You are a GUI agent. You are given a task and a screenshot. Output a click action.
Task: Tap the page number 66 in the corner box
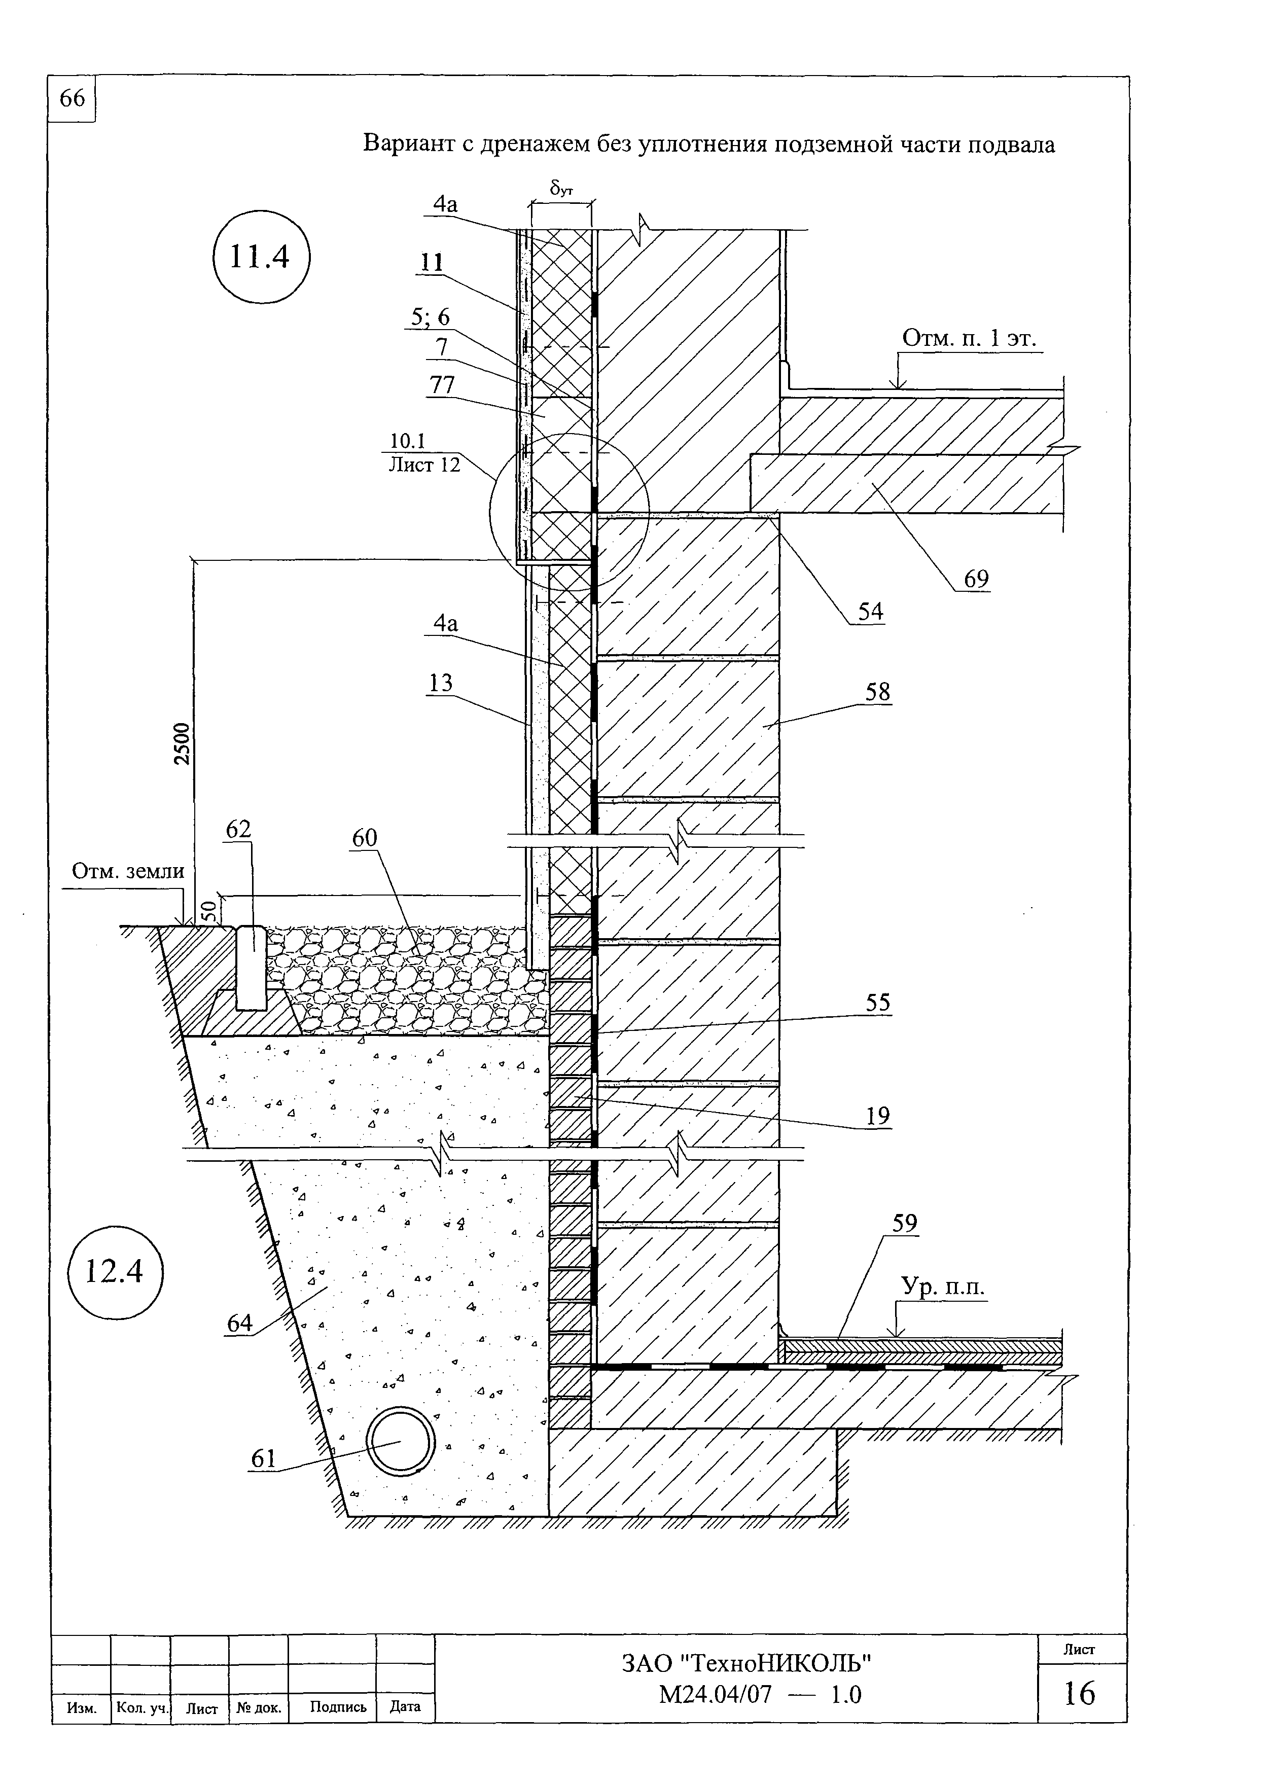click(x=72, y=98)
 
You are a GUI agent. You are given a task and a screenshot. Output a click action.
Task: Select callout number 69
click(x=976, y=579)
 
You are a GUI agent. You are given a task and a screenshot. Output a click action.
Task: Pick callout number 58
click(x=877, y=691)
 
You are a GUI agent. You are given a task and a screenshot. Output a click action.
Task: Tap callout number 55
click(x=877, y=1002)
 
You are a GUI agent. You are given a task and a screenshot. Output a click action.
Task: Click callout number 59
click(x=905, y=1223)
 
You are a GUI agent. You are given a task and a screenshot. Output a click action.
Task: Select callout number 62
click(x=238, y=829)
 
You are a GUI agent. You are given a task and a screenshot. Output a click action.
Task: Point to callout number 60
click(x=364, y=838)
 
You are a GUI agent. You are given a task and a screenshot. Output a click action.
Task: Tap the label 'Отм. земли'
click(x=127, y=871)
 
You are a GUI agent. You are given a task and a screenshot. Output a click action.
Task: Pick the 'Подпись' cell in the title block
click(x=338, y=1706)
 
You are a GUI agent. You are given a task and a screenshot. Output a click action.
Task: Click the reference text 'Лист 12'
click(x=424, y=465)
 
